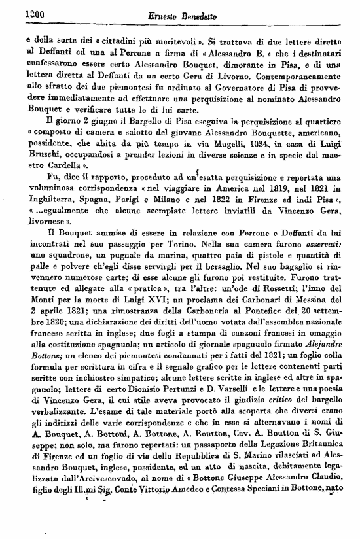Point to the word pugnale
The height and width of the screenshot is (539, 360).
tap(94, 250)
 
